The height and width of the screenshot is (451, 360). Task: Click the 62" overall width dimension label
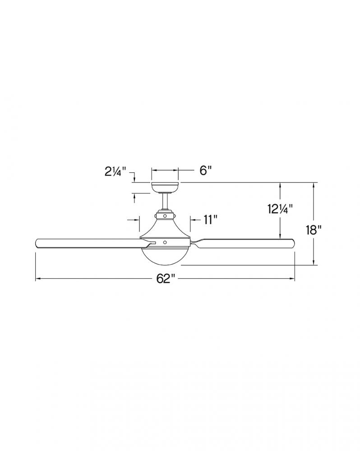pos(166,278)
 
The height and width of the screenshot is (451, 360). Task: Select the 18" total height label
pos(314,230)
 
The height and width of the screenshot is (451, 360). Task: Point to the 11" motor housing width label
pos(210,220)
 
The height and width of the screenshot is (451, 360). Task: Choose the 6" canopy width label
pos(206,170)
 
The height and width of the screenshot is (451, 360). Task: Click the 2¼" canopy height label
pos(115,172)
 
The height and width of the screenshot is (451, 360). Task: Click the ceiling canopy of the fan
pos(165,187)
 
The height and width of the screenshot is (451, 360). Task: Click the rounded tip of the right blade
pos(293,243)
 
